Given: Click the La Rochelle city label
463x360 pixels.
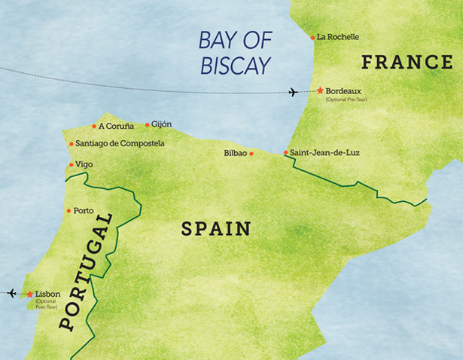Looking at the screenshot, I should coord(338,36).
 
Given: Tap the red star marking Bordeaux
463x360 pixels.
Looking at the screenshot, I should coord(320,90).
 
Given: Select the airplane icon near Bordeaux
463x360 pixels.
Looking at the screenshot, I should coord(294,93).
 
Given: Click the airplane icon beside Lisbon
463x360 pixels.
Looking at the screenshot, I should coord(11,293).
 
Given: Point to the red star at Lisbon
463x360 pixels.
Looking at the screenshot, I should coord(30,294).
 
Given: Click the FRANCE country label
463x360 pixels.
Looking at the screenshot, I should coord(407,63).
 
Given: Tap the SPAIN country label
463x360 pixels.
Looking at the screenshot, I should coord(215,229).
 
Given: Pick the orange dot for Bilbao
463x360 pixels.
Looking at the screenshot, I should coord(251,154).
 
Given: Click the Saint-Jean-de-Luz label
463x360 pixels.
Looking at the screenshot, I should coord(324,153).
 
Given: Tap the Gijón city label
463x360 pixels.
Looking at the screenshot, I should coord(162,124).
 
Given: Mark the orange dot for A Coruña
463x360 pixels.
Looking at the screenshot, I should coord(94,126).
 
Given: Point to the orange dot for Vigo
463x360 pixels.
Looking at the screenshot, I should coord(71,164).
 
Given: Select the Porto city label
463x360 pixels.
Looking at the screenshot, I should coord(84,210).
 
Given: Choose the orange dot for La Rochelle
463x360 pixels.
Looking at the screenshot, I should coord(313,37).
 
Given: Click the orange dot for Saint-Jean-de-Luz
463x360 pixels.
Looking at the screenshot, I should coord(286,153).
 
